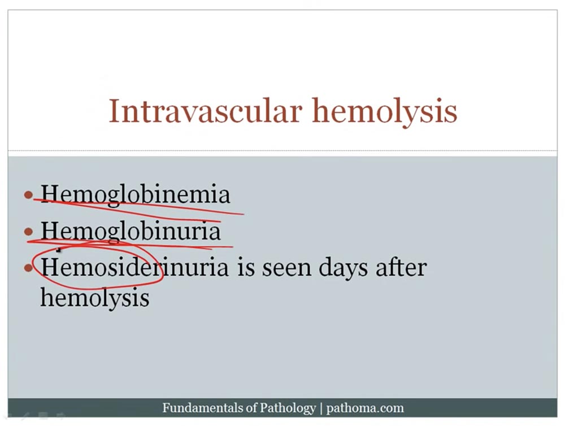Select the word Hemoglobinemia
[135, 194]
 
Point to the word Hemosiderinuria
[134, 267]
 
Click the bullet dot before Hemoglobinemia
[28, 195]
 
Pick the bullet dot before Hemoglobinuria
[28, 231]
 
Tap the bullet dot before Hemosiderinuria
[28, 267]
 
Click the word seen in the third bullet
[286, 269]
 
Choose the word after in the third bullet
[401, 267]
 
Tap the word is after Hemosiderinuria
[246, 268]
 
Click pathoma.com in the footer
[365, 408]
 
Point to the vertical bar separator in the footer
[321, 408]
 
